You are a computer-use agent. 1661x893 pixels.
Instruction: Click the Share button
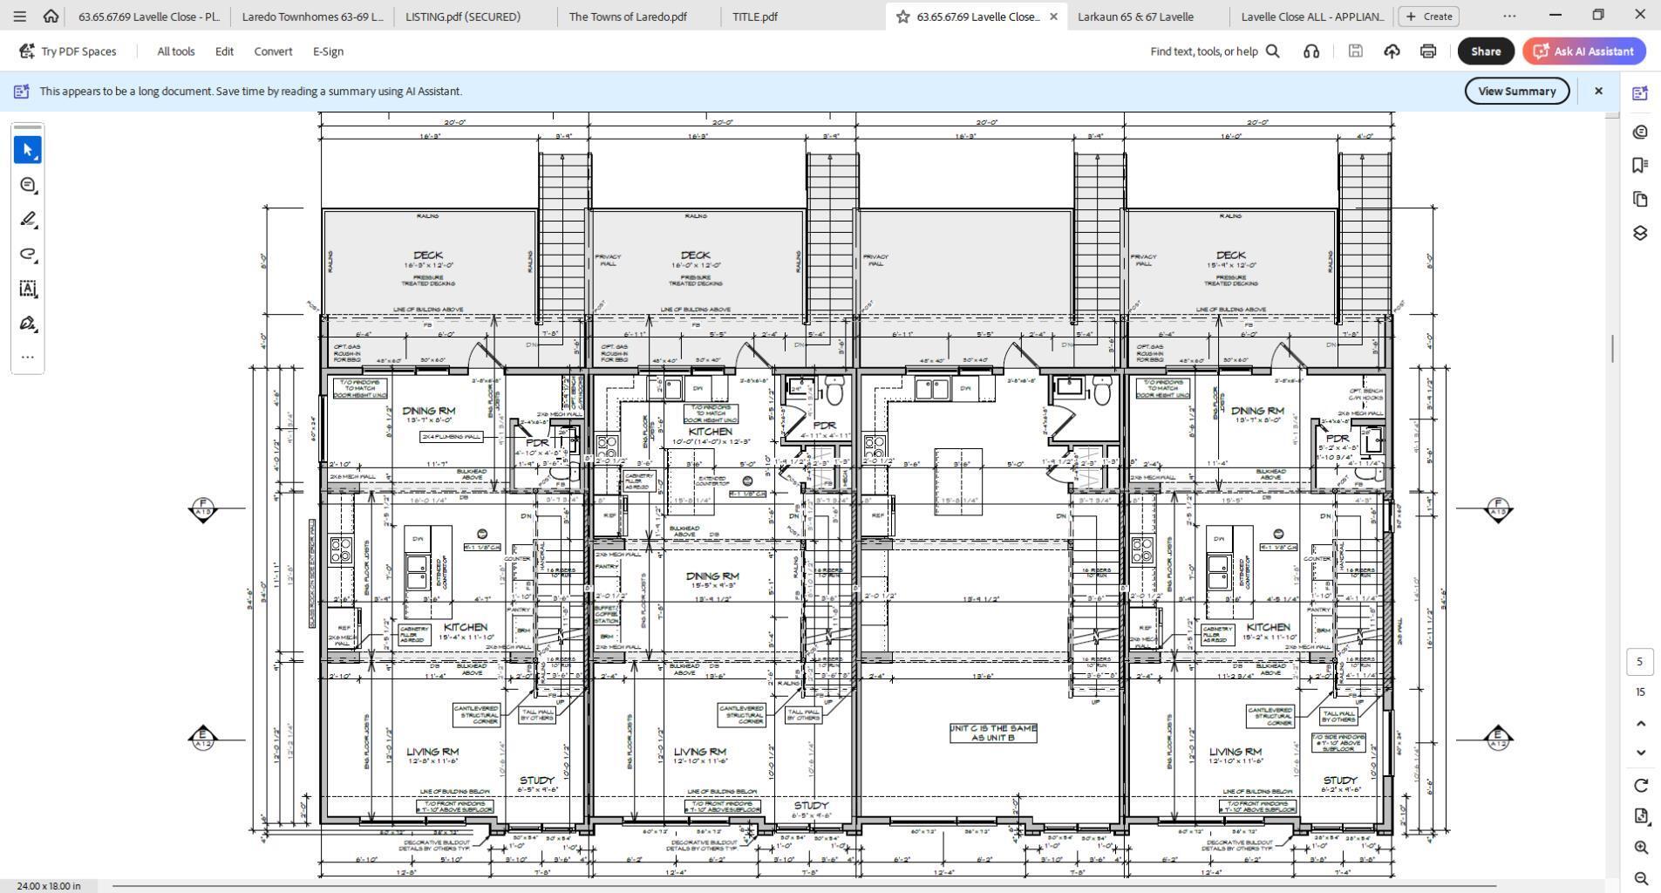[x=1485, y=51]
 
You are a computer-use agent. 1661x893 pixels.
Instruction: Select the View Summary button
[x=1516, y=92]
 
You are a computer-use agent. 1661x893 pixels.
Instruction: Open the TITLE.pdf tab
[x=754, y=17]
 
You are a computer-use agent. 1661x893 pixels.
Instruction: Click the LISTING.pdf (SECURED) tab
[x=463, y=17]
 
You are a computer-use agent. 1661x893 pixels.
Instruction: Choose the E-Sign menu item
[x=328, y=51]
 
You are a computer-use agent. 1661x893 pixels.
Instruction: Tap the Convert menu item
[x=273, y=51]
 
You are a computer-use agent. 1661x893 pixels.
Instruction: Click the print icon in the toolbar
[x=1427, y=51]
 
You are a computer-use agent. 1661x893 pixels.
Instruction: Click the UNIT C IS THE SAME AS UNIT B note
[x=993, y=733]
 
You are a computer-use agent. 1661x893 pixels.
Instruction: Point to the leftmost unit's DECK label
[x=428, y=256]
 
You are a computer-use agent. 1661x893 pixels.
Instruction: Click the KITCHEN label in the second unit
[x=711, y=432]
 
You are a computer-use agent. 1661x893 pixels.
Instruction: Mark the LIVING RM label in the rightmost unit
[x=1235, y=752]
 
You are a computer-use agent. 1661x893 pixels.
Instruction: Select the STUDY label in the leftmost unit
[x=536, y=781]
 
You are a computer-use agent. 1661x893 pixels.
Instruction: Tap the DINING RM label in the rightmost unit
[x=1257, y=411]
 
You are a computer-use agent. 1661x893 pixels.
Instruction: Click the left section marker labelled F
[x=202, y=508]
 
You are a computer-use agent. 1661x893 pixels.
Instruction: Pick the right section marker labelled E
[x=1497, y=738]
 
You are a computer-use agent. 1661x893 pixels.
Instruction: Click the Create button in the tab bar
[x=1428, y=17]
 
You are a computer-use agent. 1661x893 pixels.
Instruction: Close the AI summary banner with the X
[x=1598, y=92]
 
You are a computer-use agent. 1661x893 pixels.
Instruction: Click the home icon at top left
[x=51, y=17]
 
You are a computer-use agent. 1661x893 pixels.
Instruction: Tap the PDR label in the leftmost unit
[x=537, y=443]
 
